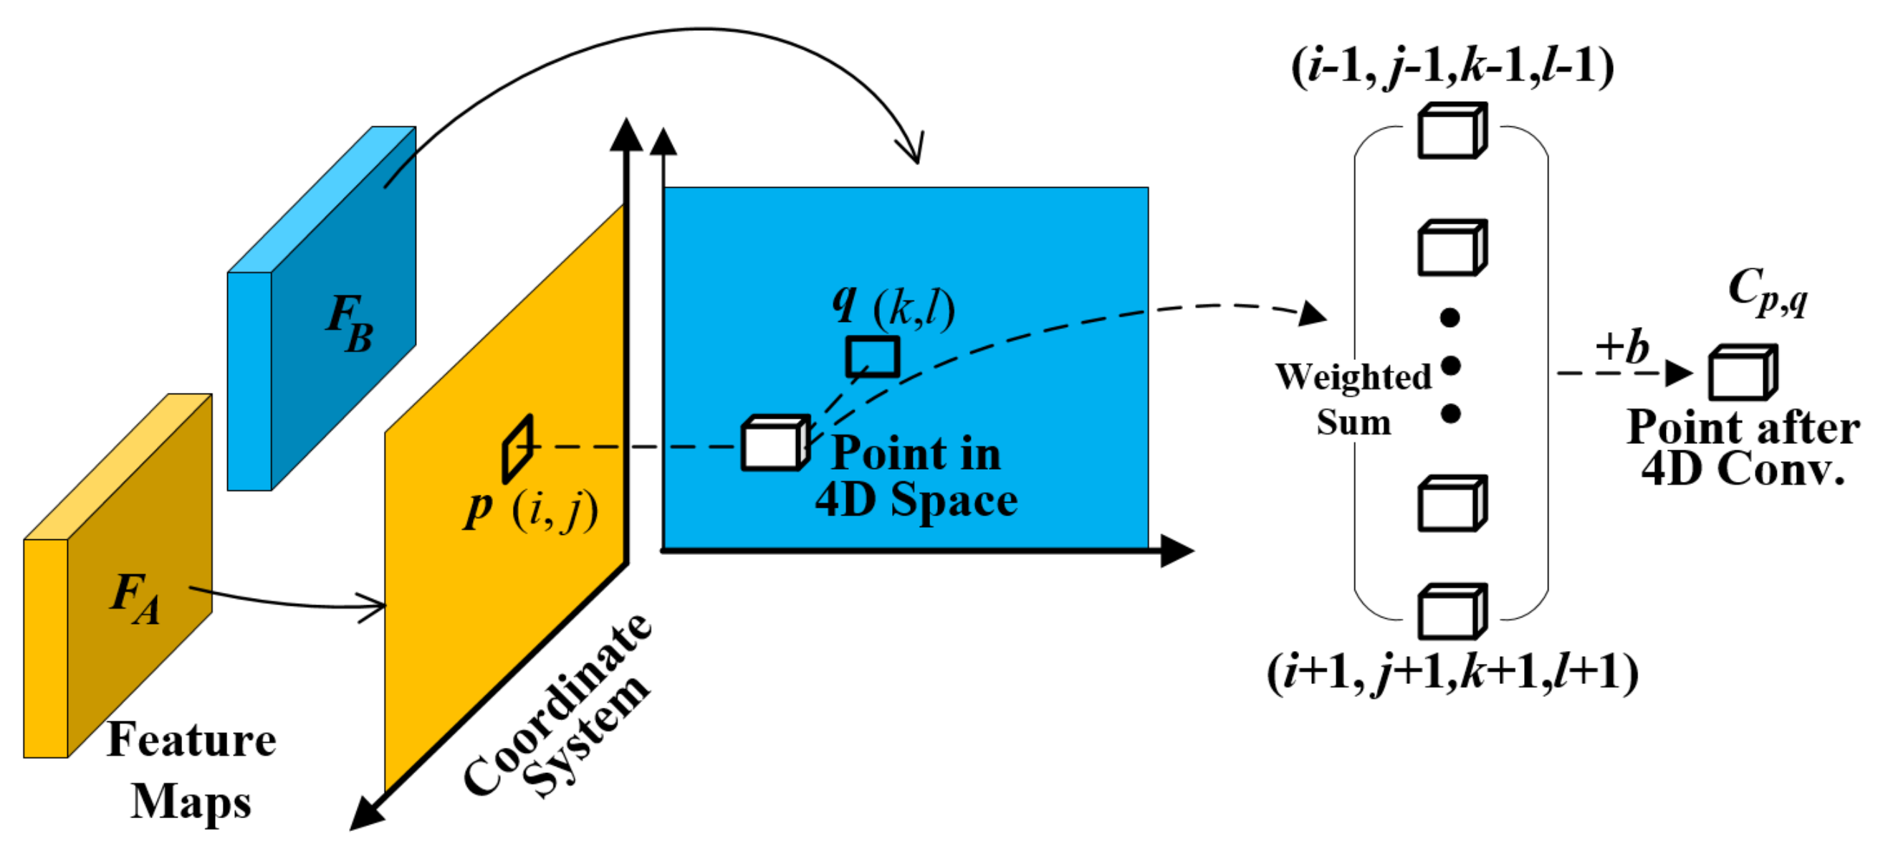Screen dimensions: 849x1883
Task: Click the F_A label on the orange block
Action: pyautogui.click(x=136, y=597)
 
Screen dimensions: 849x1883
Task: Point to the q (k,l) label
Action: pyautogui.click(x=893, y=306)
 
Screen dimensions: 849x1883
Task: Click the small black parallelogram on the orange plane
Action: pyautogui.click(x=517, y=448)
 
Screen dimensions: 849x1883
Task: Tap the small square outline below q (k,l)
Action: pyautogui.click(x=872, y=356)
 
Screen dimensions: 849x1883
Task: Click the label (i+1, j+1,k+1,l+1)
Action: pyautogui.click(x=1452, y=671)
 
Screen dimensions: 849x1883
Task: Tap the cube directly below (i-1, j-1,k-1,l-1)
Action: pyautogui.click(x=1452, y=131)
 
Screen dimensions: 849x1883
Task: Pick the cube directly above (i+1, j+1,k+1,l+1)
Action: pyautogui.click(x=1452, y=612)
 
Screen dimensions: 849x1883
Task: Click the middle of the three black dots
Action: pyautogui.click(x=1451, y=366)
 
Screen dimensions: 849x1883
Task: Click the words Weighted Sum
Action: pyautogui.click(x=1353, y=399)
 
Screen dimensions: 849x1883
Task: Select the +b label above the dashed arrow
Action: pyautogui.click(x=1622, y=346)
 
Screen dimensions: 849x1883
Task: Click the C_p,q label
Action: pyautogui.click(x=1768, y=291)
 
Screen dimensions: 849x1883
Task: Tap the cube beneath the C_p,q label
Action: pyautogui.click(x=1742, y=372)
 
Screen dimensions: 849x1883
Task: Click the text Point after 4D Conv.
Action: pyautogui.click(x=1743, y=447)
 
